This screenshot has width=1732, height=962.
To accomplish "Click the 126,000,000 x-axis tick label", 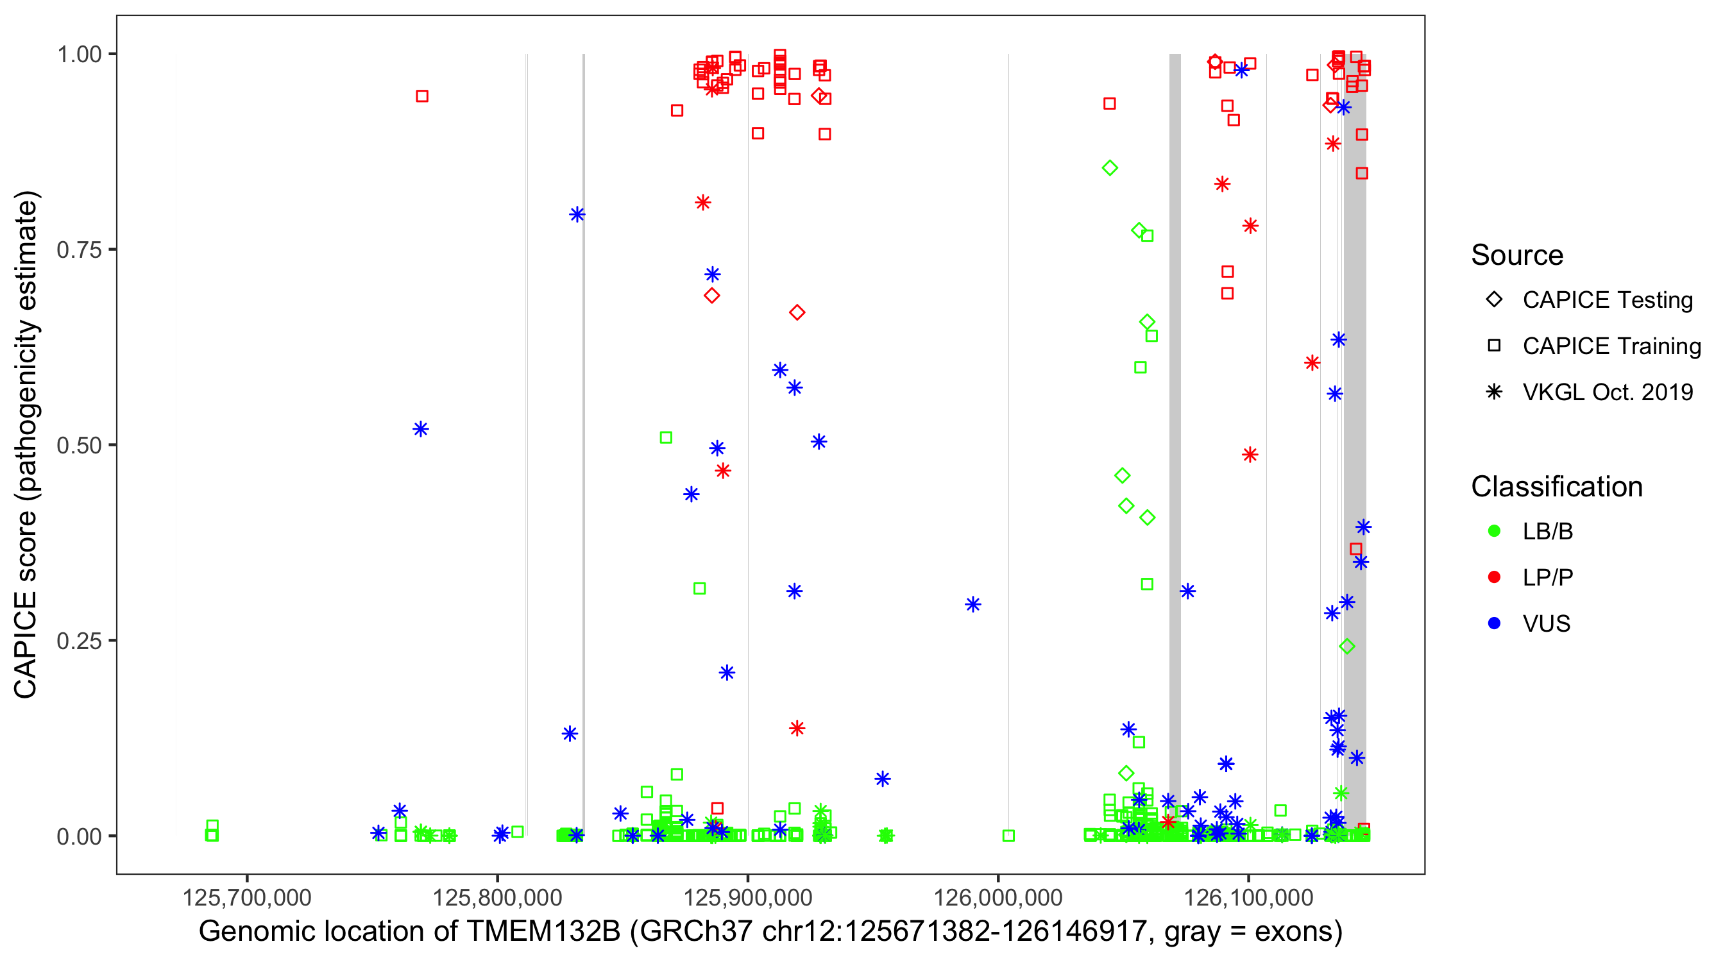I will pos(998,897).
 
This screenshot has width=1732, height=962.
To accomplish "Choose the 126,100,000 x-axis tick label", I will pos(1248,897).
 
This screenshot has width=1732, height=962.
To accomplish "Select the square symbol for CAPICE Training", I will pos(1494,346).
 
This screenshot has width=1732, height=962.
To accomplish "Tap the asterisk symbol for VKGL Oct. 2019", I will pos(1494,392).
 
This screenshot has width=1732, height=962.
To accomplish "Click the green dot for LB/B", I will pos(1494,531).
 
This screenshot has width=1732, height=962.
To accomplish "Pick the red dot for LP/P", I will pos(1494,577).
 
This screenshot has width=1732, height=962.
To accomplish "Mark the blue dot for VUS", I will pos(1494,623).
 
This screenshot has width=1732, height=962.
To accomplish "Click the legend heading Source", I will pos(1517,255).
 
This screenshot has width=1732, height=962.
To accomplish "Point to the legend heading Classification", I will pos(1556,487).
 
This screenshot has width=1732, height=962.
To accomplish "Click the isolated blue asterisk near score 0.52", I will pos(421,429).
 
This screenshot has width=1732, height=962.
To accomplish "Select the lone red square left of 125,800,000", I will pos(422,96).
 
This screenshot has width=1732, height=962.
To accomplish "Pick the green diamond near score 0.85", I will pos(1110,168).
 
